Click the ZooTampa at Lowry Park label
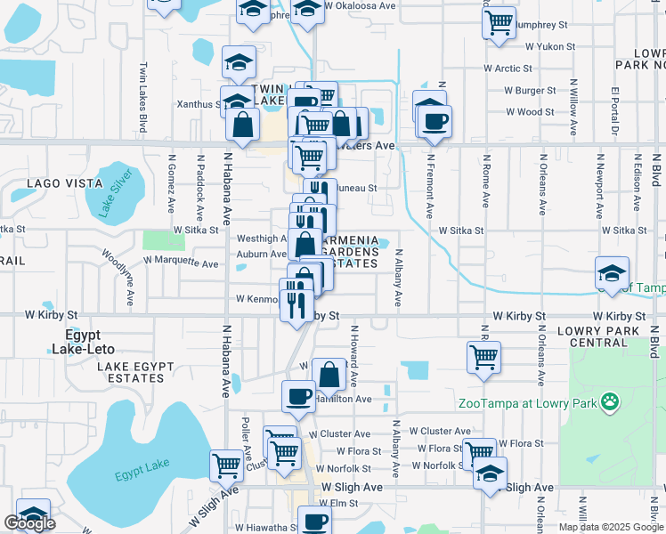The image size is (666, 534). [x=526, y=402]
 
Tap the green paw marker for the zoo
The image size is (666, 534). [x=610, y=402]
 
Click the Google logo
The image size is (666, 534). [x=29, y=523]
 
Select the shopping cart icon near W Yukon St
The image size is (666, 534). [x=499, y=21]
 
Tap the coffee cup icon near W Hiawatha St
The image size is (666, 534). [x=313, y=522]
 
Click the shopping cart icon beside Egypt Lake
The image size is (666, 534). [x=226, y=465]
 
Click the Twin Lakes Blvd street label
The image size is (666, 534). [x=142, y=86]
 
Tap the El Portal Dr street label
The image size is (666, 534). [x=614, y=112]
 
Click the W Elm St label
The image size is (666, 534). [x=338, y=503]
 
